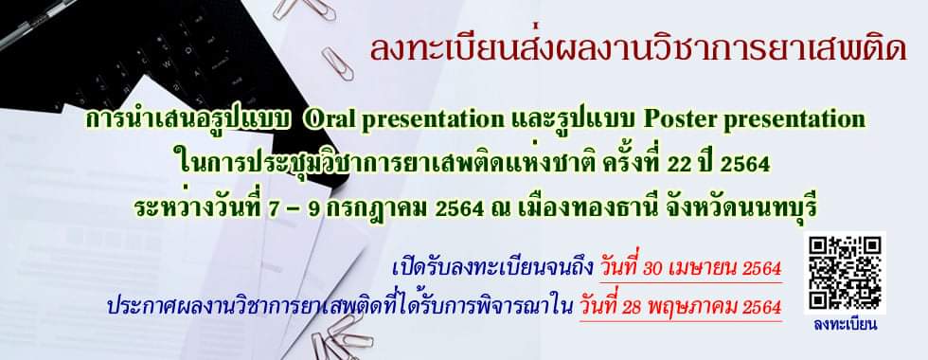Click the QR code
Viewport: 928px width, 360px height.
click(x=845, y=275)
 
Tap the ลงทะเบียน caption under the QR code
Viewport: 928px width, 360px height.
click(x=845, y=325)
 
